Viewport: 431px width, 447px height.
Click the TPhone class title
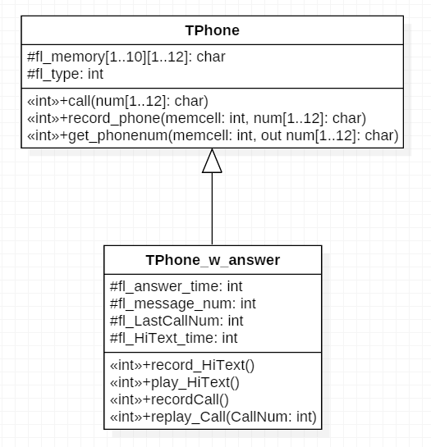coord(212,30)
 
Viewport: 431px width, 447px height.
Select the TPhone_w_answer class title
coord(213,260)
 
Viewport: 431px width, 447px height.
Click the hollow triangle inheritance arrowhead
coord(212,161)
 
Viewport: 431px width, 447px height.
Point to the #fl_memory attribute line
coord(126,57)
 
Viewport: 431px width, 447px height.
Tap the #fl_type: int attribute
coord(65,74)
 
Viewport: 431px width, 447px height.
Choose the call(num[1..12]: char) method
coord(117,101)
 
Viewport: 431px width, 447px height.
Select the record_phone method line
coord(196,118)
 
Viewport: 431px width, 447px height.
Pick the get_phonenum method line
coord(213,135)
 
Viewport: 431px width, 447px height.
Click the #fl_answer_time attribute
coord(177,286)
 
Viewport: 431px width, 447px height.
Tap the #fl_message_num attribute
coord(183,303)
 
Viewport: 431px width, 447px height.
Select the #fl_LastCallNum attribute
coord(177,321)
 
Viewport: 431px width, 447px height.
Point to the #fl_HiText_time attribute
coord(173,338)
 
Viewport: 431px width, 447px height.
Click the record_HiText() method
coord(182,365)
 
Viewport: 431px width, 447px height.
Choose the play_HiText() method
coord(175,382)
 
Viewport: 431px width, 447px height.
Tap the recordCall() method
coord(169,399)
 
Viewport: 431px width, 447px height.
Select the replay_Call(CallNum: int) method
coord(213,417)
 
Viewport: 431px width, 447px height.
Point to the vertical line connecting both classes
coord(212,208)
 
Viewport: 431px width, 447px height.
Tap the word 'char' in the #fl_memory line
coord(211,57)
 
